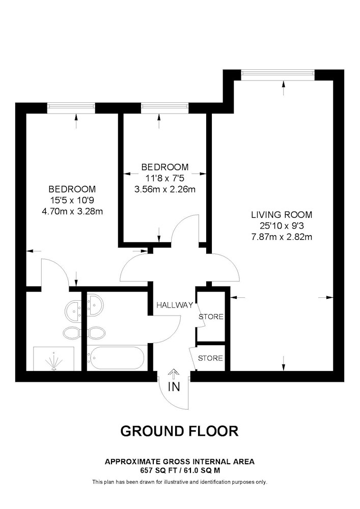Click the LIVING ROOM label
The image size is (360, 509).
pos(282,215)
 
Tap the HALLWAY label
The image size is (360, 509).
pos(175,305)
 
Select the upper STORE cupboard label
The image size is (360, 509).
pos(211,317)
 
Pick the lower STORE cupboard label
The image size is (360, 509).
pos(210,358)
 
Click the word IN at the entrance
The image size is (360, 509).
pos(174,387)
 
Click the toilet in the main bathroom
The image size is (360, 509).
pos(96,333)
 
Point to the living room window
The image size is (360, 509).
pos(278,75)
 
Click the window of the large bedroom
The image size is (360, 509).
pos(71,108)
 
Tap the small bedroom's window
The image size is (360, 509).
pos(165,108)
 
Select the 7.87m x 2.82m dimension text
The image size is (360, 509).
pos(282,237)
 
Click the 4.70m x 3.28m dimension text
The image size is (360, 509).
pos(72,211)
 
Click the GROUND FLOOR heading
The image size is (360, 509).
pos(180,431)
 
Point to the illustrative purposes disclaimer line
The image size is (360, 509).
pos(180,482)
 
